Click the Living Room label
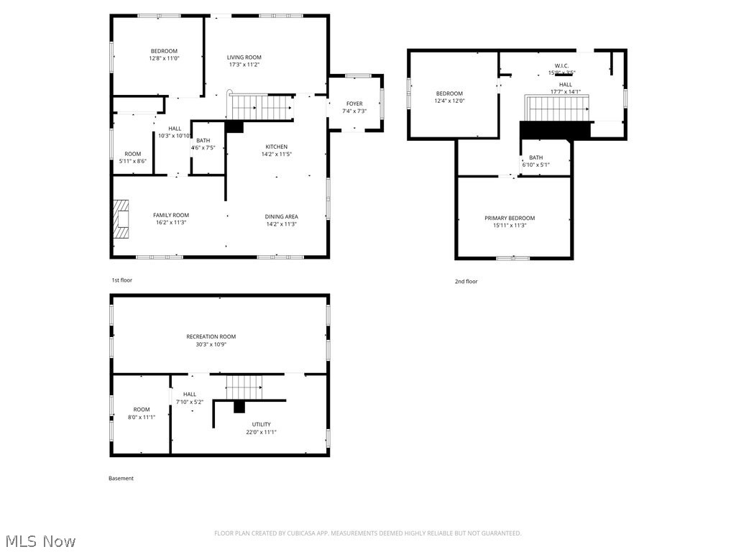(x=244, y=57)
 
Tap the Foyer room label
(x=354, y=103)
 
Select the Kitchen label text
(x=277, y=147)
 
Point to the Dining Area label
(x=282, y=216)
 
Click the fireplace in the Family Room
(x=121, y=218)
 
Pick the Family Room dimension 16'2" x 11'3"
(x=171, y=224)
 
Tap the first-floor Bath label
(x=203, y=141)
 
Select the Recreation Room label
(x=211, y=336)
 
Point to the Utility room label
(x=261, y=425)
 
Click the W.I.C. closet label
(x=561, y=65)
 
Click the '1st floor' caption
(x=121, y=280)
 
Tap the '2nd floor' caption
(x=466, y=282)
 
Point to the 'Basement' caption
(x=121, y=478)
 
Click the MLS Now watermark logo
(x=39, y=540)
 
